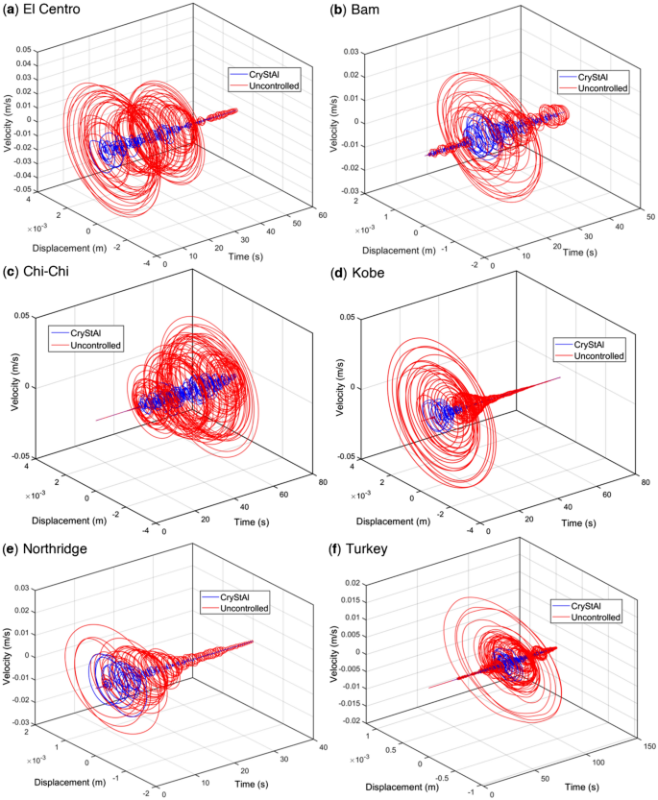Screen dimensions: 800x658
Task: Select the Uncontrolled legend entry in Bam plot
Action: (x=599, y=87)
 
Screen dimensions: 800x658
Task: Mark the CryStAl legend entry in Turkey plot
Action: (x=592, y=605)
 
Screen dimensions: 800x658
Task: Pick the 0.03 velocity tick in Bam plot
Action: (x=351, y=51)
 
